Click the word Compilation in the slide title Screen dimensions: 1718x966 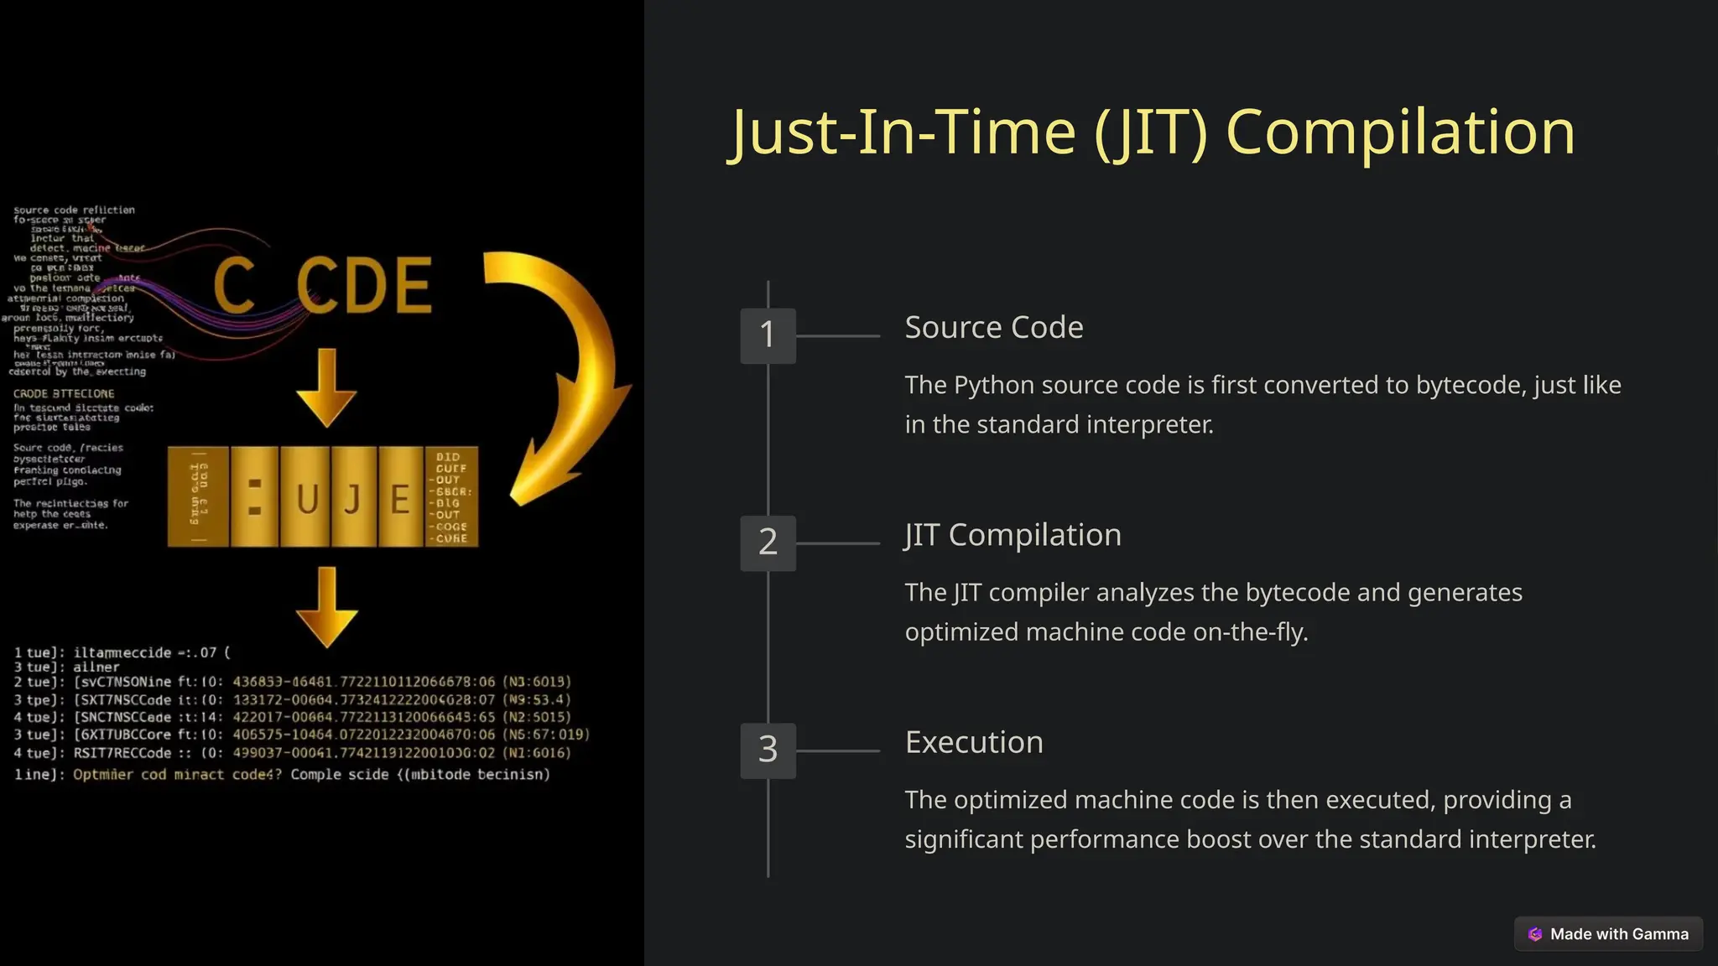point(1400,132)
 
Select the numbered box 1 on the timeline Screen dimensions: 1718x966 point(768,335)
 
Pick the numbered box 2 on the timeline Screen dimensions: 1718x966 point(768,543)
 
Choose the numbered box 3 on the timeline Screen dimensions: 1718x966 point(768,750)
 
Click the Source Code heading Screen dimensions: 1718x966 point(993,327)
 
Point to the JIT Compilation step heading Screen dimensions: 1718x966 point(1013,535)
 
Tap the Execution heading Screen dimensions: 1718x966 point(973,742)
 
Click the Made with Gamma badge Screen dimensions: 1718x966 point(1608,934)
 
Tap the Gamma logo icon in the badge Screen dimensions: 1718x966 point(1535,934)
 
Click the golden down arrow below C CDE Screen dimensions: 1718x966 point(326,388)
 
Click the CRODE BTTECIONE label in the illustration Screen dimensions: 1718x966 point(64,393)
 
